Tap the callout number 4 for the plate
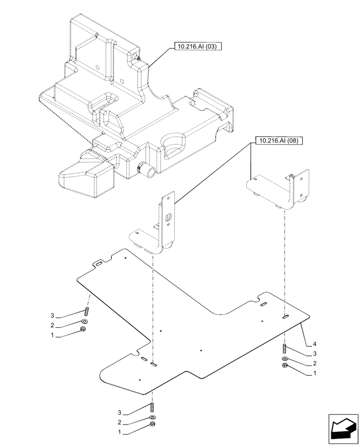pyautogui.click(x=315, y=344)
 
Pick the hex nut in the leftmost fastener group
pyautogui.click(x=83, y=329)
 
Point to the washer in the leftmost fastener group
pyautogui.click(x=84, y=321)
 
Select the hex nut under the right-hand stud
pyautogui.click(x=285, y=366)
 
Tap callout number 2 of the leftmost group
pyautogui.click(x=52, y=325)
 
